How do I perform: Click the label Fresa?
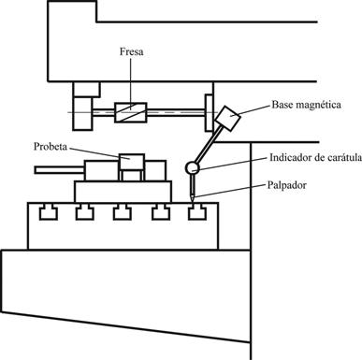[132, 51]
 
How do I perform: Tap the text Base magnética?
[306, 105]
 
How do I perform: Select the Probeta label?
[51, 146]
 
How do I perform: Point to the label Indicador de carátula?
[315, 157]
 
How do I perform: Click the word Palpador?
[287, 185]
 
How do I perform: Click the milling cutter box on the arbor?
[131, 112]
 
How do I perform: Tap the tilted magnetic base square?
[227, 118]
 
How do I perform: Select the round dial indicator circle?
[193, 167]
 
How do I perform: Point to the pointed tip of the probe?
[193, 202]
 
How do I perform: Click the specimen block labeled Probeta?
[132, 162]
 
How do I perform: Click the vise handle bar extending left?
[60, 170]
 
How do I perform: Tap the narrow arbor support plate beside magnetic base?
[209, 112]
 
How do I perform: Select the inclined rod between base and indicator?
[210, 144]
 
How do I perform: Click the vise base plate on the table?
[123, 192]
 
